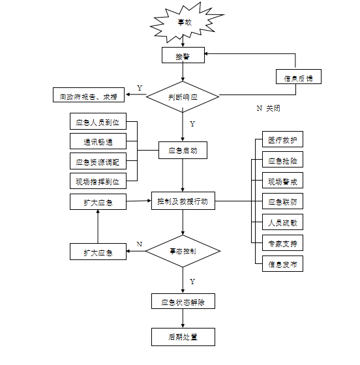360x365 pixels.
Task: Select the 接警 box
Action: [183, 56]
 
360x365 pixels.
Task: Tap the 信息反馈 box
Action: [298, 78]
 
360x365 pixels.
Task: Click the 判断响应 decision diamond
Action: [183, 96]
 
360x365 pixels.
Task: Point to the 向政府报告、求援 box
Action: [89, 96]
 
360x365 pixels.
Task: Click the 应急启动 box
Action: [183, 151]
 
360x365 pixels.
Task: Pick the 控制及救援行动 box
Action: [183, 201]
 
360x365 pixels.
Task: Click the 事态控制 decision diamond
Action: [183, 251]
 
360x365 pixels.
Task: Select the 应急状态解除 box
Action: [183, 302]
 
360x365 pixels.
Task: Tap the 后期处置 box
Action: [183, 337]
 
